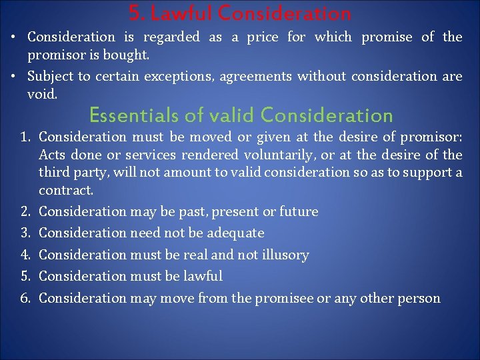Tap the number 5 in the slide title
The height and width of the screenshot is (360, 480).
pyautogui.click(x=134, y=13)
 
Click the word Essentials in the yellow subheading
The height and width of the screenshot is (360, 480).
pyautogui.click(x=127, y=115)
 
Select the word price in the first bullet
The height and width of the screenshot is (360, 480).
pyautogui.click(x=263, y=37)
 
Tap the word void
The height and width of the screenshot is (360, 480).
pyautogui.click(x=43, y=95)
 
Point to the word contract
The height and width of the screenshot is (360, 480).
pyautogui.click(x=66, y=190)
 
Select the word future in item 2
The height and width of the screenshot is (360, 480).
pyautogui.click(x=299, y=212)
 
